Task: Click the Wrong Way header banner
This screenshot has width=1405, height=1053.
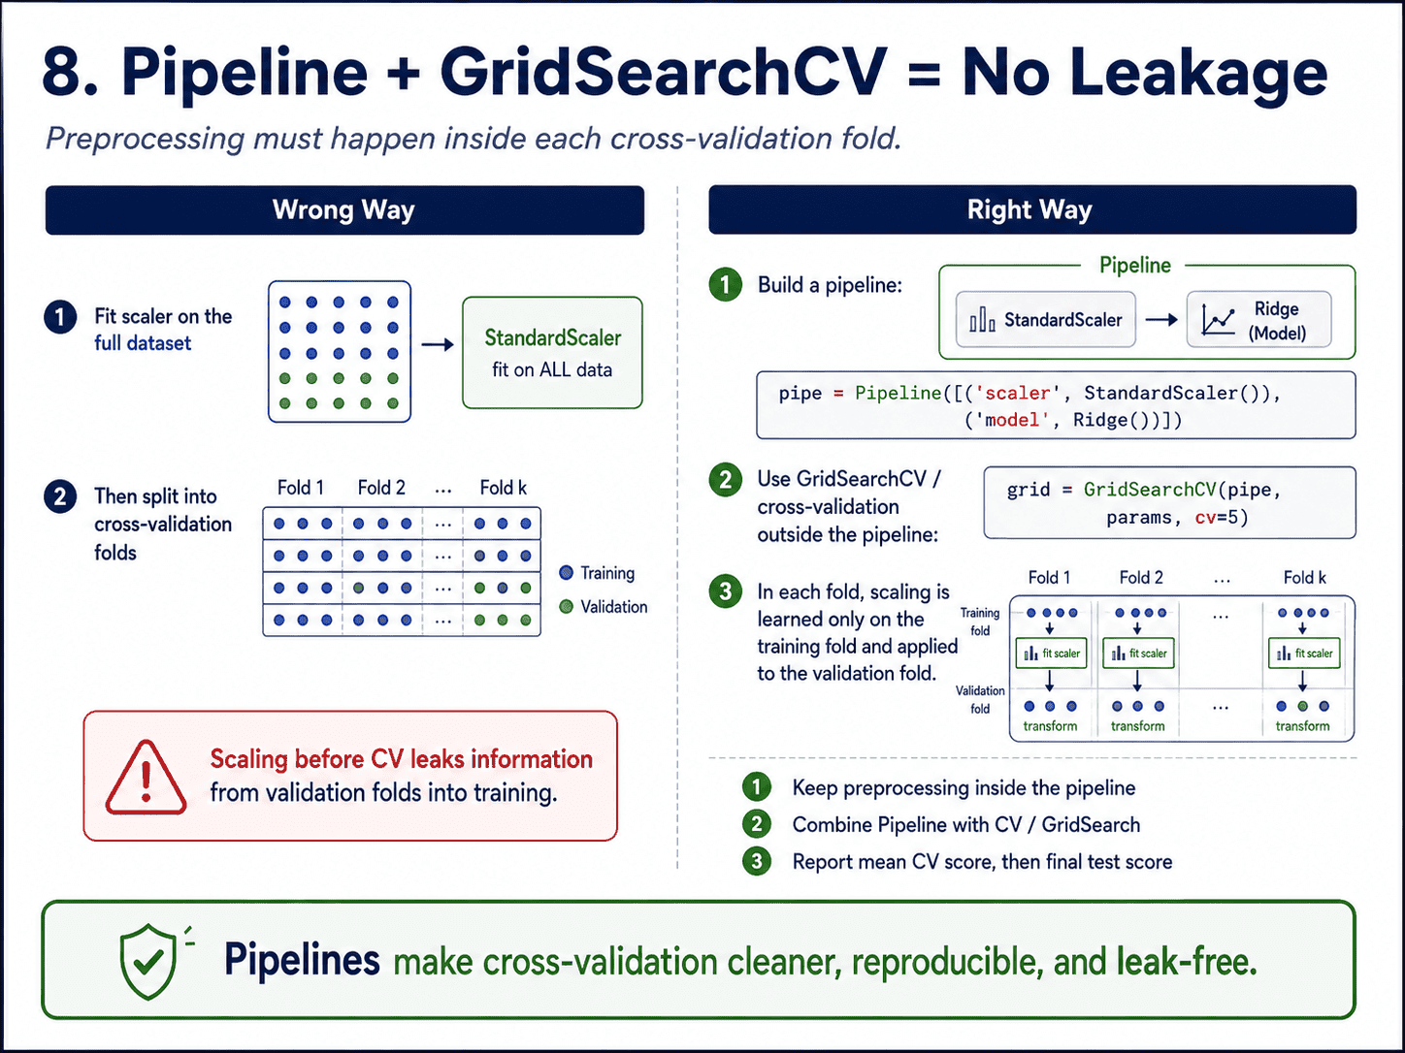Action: tap(344, 209)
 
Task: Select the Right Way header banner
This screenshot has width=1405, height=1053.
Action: tap(1031, 209)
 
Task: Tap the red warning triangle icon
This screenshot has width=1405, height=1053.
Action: tap(146, 778)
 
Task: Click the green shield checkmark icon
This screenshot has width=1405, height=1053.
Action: tap(148, 961)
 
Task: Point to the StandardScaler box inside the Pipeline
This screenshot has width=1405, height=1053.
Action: tap(1045, 320)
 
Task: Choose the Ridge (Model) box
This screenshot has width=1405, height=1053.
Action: tap(1258, 320)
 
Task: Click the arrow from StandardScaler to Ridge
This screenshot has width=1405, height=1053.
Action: tap(1161, 320)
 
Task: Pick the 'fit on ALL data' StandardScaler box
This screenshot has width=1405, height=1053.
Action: tap(552, 352)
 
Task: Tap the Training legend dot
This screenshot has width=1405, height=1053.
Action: tap(566, 572)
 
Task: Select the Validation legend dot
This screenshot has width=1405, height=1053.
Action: tap(566, 606)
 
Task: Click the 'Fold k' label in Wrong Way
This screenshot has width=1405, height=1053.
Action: tap(504, 488)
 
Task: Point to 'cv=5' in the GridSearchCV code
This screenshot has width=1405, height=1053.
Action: tap(1222, 517)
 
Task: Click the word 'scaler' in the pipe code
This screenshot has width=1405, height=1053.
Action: tap(1018, 393)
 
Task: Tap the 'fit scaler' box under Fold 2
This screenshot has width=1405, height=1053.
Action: tap(1138, 654)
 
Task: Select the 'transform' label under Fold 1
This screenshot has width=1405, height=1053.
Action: tap(1050, 726)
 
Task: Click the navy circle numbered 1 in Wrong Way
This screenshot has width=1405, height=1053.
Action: tap(60, 317)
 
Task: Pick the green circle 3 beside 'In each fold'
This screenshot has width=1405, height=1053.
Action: tap(725, 591)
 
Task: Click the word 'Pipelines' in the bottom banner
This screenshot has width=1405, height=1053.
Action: tap(302, 960)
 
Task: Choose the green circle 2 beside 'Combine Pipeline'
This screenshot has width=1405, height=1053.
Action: tap(757, 824)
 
